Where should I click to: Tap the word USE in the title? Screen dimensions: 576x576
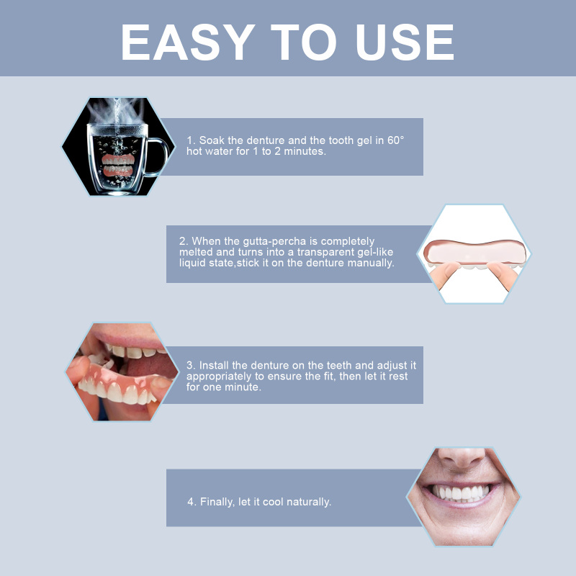tap(405, 42)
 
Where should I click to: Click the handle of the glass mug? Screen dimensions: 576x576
tap(158, 156)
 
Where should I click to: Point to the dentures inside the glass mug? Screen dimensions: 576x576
tap(118, 165)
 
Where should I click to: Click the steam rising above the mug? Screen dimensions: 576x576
tap(117, 110)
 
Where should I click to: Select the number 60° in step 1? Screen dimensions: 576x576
tap(395, 140)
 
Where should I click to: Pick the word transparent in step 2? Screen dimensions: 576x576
tap(325, 252)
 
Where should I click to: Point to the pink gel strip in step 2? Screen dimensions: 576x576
tap(475, 253)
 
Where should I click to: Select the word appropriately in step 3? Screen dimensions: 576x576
tap(225, 377)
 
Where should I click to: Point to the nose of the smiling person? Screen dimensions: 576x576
tap(462, 456)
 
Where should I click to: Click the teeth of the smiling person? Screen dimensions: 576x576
tap(462, 493)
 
